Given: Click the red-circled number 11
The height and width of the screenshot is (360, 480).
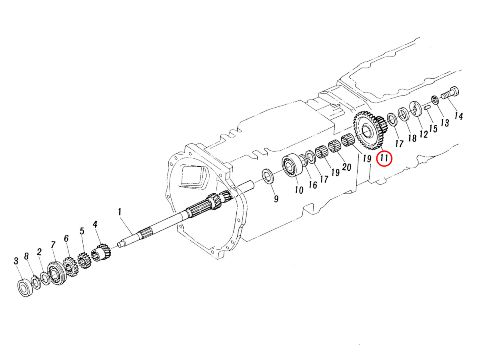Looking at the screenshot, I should coord(384,158).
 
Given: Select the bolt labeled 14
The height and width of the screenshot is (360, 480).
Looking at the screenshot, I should coord(450,94).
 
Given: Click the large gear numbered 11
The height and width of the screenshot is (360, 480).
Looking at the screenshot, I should coord(367,130).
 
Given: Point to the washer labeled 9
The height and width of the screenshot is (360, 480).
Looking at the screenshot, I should coord(267,176).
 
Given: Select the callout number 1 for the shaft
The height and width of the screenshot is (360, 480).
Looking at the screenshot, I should coord(120,212).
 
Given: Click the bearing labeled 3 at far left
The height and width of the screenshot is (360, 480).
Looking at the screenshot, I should coord(26,287).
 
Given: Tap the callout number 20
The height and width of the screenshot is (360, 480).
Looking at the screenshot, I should coord(346,167).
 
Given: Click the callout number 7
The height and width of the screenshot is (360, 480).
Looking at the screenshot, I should coord(52,244).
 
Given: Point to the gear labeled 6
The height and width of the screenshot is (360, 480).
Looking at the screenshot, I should coord(70,267).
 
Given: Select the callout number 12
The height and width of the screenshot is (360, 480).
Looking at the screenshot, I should coord(424,134).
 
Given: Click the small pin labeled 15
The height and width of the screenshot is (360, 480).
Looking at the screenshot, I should coord(427,107).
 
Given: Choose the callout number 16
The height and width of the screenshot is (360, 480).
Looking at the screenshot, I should coord(313,185).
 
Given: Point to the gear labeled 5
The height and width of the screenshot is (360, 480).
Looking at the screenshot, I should coord(84,260).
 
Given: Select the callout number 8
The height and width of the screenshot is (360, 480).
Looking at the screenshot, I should coord(27,256).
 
